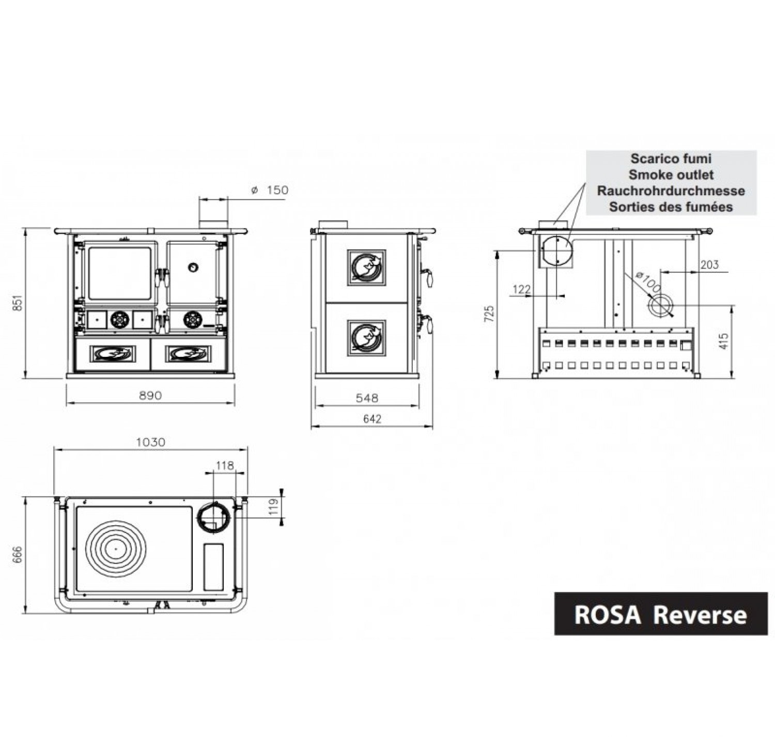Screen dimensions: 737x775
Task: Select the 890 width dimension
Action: [150, 396]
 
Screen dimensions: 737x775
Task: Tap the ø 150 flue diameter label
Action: [270, 190]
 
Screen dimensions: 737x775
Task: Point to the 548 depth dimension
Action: [367, 398]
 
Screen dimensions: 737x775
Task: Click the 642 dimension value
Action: [372, 419]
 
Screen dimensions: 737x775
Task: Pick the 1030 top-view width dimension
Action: [150, 442]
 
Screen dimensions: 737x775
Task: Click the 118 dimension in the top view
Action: [225, 466]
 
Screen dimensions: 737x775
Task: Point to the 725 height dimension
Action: [489, 314]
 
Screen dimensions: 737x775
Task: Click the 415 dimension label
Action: [724, 341]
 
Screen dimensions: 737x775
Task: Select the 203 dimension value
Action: [709, 264]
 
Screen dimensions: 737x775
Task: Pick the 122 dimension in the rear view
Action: [521, 289]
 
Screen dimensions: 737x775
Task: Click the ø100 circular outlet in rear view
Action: [659, 306]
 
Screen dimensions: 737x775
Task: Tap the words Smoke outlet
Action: [671, 175]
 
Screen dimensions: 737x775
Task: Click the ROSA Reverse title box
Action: [660, 614]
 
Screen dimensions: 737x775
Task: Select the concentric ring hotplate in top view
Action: [116, 548]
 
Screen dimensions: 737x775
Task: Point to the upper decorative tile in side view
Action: [367, 268]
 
